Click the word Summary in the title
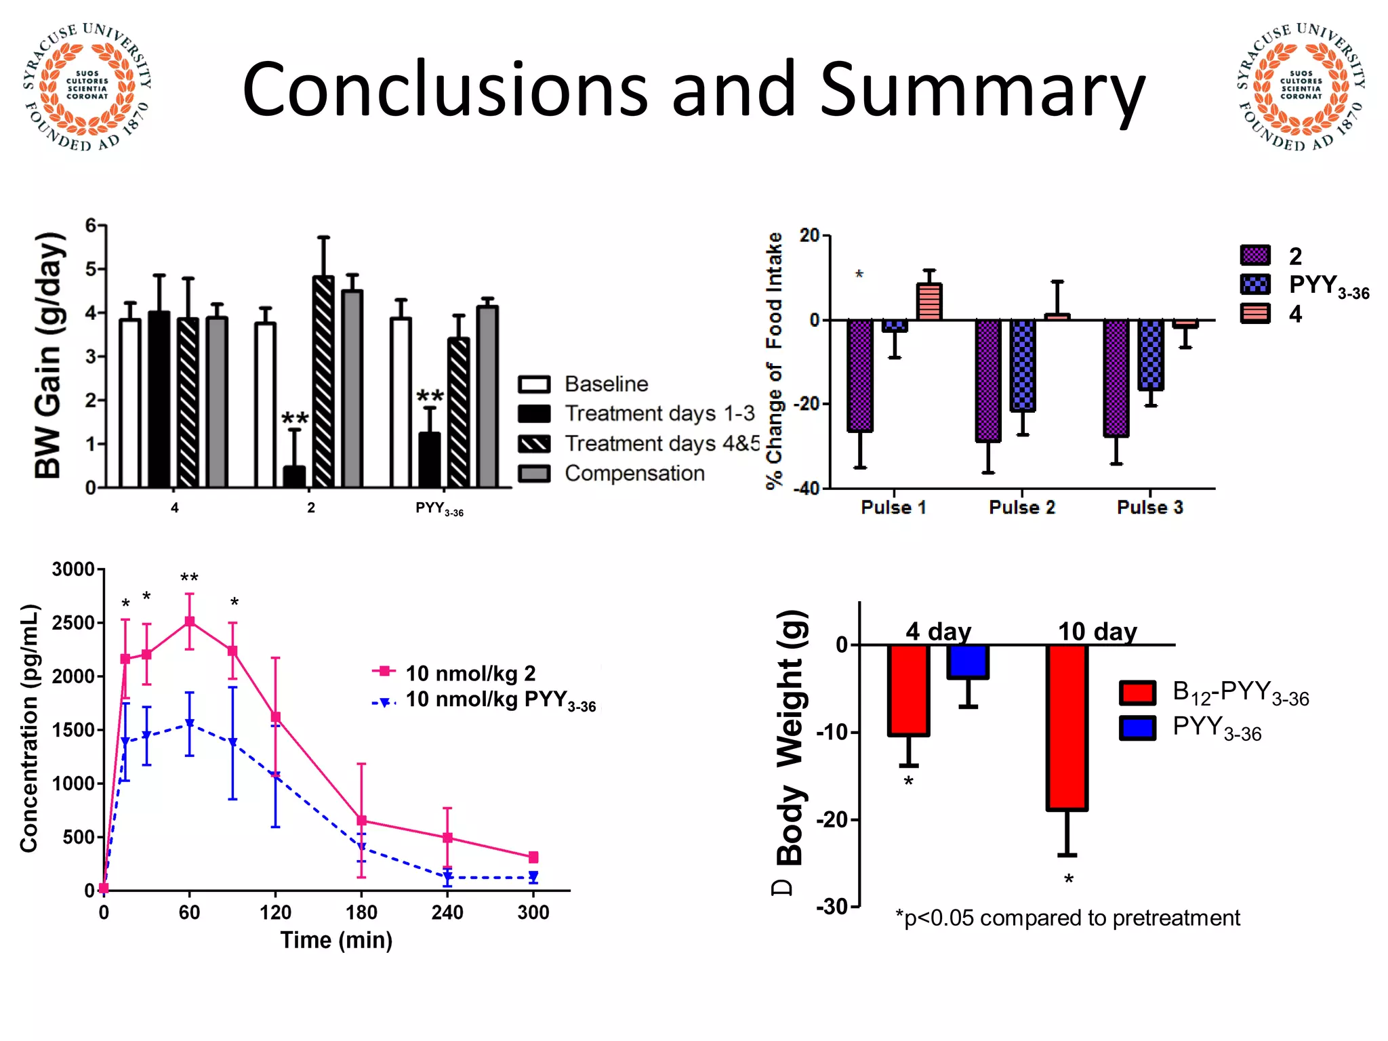point(982,90)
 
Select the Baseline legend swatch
point(533,384)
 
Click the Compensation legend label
point(634,473)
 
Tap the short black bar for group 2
point(294,476)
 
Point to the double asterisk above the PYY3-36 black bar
point(430,396)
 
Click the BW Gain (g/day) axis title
point(49,356)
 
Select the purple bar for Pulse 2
point(988,380)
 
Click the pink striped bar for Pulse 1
point(928,302)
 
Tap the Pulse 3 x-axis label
point(1149,508)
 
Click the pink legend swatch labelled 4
point(1254,314)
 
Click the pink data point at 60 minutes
point(190,621)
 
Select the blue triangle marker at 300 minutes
point(533,876)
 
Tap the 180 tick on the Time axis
point(361,912)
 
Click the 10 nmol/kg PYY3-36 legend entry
point(500,700)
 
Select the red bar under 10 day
point(1067,727)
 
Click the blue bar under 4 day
point(968,661)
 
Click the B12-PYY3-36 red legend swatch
point(1137,693)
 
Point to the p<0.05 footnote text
point(1067,918)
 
